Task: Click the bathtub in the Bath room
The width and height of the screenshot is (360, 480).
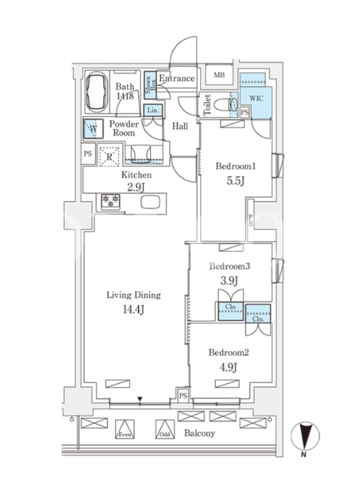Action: pyautogui.click(x=97, y=92)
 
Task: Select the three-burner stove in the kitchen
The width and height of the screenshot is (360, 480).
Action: pyautogui.click(x=110, y=201)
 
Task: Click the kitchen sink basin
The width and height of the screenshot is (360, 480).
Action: pyautogui.click(x=150, y=202)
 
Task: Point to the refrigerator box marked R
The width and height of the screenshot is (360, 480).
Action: pyautogui.click(x=109, y=157)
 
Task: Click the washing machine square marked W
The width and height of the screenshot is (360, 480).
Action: pyautogui.click(x=94, y=128)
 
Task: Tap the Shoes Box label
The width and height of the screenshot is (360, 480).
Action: pyautogui.click(x=151, y=85)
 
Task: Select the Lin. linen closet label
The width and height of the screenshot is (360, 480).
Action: pyautogui.click(x=153, y=110)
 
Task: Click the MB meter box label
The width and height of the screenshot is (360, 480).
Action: pyautogui.click(x=219, y=74)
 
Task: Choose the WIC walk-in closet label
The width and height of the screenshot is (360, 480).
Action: pyautogui.click(x=256, y=98)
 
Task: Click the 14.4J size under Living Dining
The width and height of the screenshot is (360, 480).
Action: pyautogui.click(x=133, y=310)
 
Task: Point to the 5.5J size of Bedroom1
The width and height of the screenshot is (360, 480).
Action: pyautogui.click(x=235, y=181)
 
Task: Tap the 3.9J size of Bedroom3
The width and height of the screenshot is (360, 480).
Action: pyautogui.click(x=229, y=280)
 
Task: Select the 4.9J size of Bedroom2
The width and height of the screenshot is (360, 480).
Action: pyautogui.click(x=229, y=367)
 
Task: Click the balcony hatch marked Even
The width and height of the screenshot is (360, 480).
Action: pyautogui.click(x=125, y=429)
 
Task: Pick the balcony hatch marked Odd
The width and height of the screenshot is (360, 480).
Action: pyautogui.click(x=165, y=429)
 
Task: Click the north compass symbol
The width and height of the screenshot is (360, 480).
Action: pyautogui.click(x=305, y=436)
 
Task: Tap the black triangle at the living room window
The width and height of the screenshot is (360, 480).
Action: pyautogui.click(x=140, y=399)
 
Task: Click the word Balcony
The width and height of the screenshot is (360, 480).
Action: pyautogui.click(x=199, y=433)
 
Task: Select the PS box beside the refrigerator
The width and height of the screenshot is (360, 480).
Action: pyautogui.click(x=88, y=154)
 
